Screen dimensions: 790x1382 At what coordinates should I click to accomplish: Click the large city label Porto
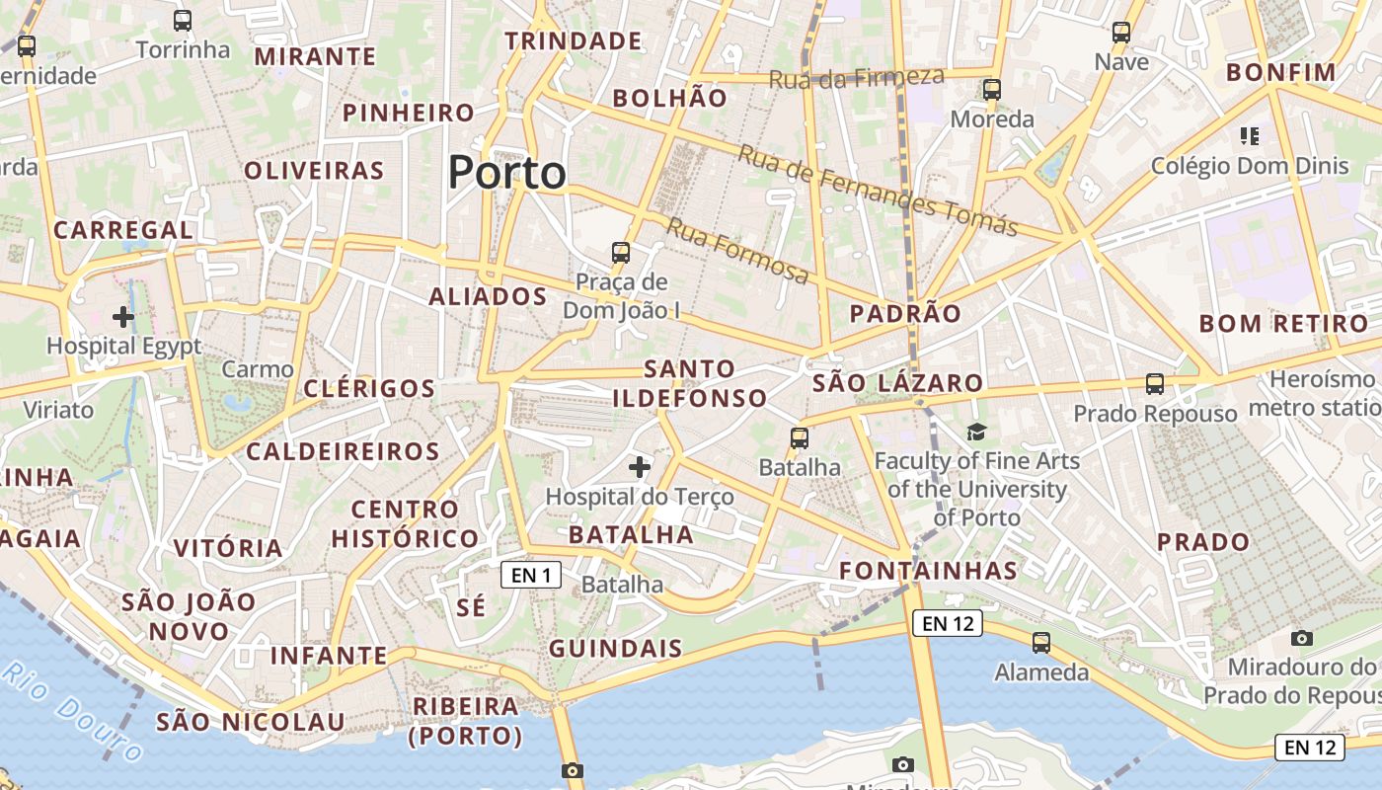tap(507, 173)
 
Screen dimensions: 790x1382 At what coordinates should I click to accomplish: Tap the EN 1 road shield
tap(531, 575)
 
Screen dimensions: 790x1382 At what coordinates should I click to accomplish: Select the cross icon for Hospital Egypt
tap(123, 317)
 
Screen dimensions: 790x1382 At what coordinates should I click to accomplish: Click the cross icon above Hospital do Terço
tap(640, 466)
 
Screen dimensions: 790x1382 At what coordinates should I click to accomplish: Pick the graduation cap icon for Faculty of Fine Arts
tap(976, 432)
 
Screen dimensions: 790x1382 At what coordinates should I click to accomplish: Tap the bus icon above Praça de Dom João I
tap(621, 253)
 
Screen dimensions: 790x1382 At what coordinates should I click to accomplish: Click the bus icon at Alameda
tap(1040, 643)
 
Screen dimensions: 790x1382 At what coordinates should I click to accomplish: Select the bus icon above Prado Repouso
tap(1154, 383)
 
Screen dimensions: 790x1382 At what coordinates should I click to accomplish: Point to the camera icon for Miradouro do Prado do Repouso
tap(1302, 638)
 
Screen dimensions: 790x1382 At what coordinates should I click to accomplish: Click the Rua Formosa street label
tap(736, 250)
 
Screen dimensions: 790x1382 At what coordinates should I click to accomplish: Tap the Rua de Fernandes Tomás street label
tap(878, 191)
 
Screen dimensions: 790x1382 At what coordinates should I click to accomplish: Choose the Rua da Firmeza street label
tap(856, 78)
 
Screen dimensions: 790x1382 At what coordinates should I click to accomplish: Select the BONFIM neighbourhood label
tap(1280, 73)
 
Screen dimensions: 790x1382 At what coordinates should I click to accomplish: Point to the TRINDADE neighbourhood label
tap(574, 41)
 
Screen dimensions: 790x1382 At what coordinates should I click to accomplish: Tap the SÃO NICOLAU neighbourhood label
tap(251, 722)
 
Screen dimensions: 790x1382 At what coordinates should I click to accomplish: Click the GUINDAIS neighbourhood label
tap(615, 649)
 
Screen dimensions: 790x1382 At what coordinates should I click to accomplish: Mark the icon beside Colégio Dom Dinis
tap(1250, 136)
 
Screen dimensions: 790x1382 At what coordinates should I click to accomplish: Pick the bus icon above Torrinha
tap(183, 21)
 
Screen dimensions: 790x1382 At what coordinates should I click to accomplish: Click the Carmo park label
tap(258, 370)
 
